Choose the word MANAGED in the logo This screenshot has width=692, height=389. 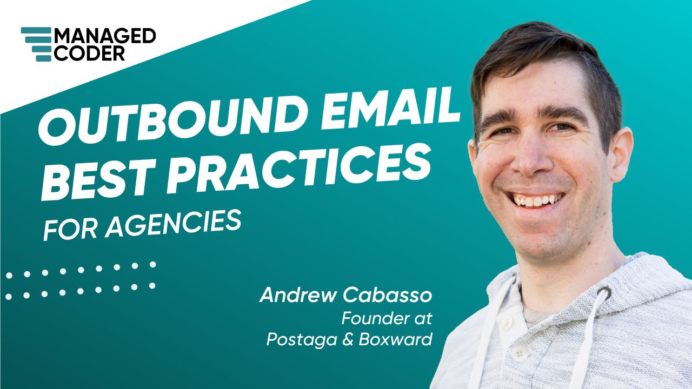[x=105, y=36]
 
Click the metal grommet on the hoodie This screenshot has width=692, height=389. [x=604, y=294]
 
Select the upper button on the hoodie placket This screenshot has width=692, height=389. [x=507, y=323]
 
